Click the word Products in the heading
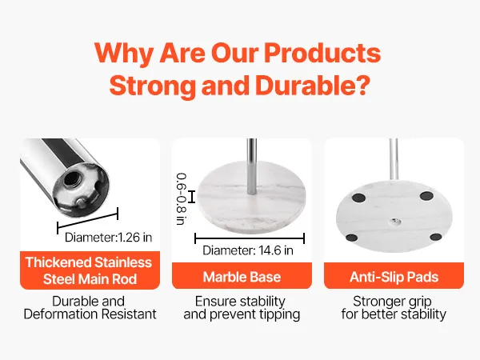pyautogui.click(x=322, y=53)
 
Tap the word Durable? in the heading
pyautogui.click(x=313, y=86)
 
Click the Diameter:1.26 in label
pyautogui.click(x=108, y=238)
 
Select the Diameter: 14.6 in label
pyautogui.click(x=248, y=250)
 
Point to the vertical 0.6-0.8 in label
pyautogui.click(x=182, y=199)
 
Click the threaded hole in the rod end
pyautogui.click(x=71, y=178)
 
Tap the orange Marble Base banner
pyautogui.click(x=242, y=275)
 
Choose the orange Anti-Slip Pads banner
pyautogui.click(x=394, y=275)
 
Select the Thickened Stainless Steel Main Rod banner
pyautogui.click(x=90, y=270)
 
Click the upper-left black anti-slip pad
pyautogui.click(x=358, y=198)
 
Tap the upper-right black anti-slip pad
pyautogui.click(x=426, y=196)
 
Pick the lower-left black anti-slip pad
pyautogui.click(x=351, y=238)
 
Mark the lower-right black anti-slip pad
pyautogui.click(x=436, y=237)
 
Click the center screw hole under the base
pyautogui.click(x=394, y=221)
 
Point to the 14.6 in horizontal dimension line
pyautogui.click(x=250, y=238)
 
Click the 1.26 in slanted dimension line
pyautogui.click(x=88, y=221)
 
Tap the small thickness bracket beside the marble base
pyautogui.click(x=192, y=197)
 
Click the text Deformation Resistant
pyautogui.click(x=90, y=314)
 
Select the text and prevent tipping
pyautogui.click(x=242, y=314)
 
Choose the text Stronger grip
pyautogui.click(x=392, y=302)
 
